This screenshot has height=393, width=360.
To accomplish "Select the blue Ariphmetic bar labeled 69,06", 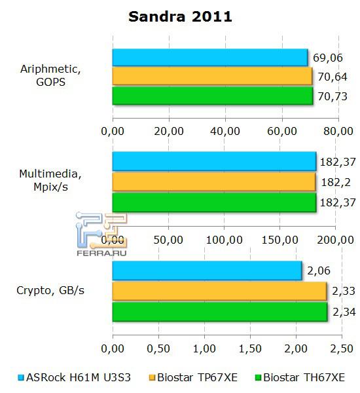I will point(209,58).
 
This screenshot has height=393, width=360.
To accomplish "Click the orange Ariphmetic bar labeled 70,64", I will point(212,77).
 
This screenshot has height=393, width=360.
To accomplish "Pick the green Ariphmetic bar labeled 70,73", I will point(212,96).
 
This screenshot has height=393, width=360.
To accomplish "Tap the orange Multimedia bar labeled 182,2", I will point(213,181).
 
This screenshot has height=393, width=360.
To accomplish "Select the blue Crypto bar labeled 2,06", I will point(207,270).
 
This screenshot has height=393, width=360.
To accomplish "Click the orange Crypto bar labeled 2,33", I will point(219,291).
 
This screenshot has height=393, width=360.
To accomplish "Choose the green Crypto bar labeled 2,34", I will point(219,312).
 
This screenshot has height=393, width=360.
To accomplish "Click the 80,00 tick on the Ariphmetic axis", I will point(338,131).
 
